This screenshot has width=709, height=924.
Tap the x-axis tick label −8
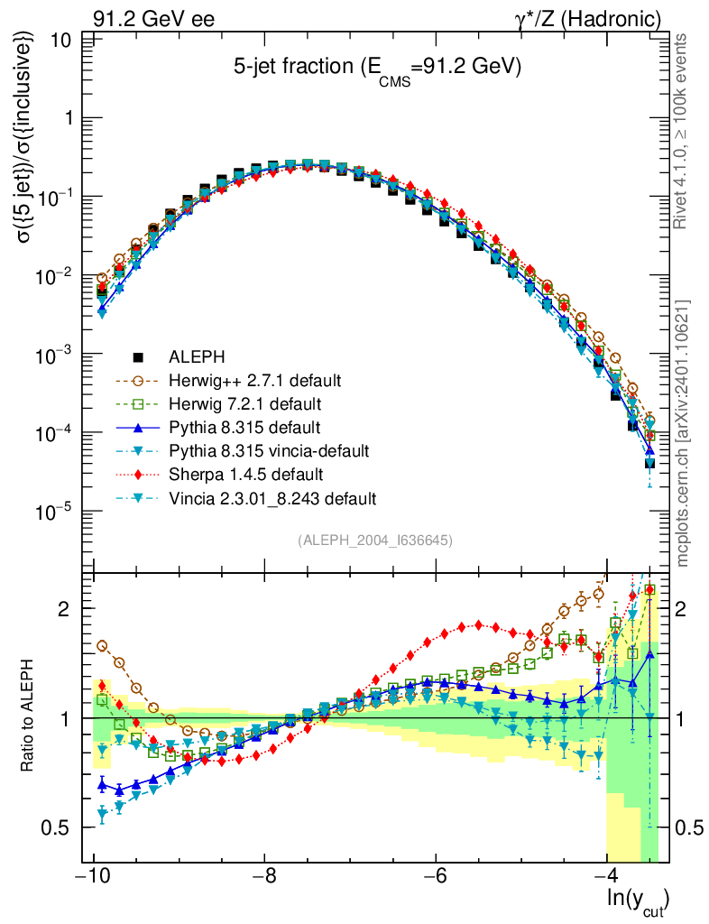pos(263,878)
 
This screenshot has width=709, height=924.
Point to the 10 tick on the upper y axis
pos(63,41)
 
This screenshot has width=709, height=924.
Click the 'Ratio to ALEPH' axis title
pos(30,716)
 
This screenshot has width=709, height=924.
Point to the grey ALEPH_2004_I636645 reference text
pos(374,540)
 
